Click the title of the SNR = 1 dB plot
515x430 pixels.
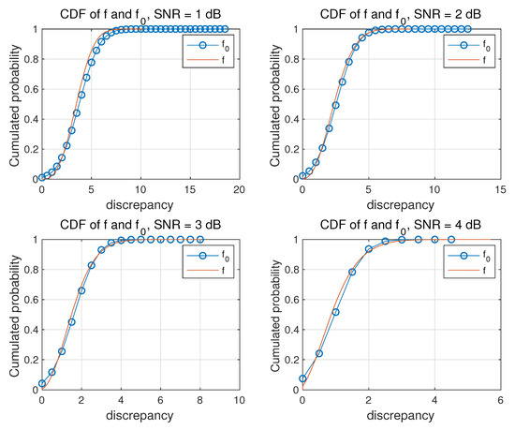tap(140, 11)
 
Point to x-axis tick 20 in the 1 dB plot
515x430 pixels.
tap(239, 189)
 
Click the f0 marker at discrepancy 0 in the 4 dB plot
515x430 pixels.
tap(302, 378)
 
